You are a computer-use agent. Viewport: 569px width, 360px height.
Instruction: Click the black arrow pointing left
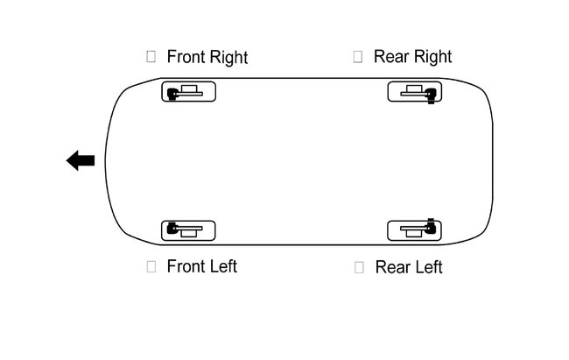[x=81, y=160]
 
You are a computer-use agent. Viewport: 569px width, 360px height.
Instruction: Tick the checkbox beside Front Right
[x=151, y=56]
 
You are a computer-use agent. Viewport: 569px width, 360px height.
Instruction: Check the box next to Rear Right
[x=358, y=56]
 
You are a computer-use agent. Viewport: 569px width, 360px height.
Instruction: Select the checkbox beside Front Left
[x=151, y=265]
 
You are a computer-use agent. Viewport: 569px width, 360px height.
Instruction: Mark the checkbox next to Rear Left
[x=359, y=266]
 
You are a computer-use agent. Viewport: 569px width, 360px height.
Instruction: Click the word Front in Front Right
[x=186, y=57]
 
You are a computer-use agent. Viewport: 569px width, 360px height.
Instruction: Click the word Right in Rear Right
[x=432, y=58]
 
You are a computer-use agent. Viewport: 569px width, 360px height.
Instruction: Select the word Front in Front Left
[x=186, y=266]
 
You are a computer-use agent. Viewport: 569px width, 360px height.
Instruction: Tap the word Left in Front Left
[x=222, y=266]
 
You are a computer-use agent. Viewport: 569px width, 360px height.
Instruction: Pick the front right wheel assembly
[x=189, y=91]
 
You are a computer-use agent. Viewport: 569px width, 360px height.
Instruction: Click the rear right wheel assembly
[x=415, y=91]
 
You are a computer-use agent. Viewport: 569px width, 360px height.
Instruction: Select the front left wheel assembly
[x=189, y=230]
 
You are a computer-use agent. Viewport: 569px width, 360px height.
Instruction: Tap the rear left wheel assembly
[x=415, y=230]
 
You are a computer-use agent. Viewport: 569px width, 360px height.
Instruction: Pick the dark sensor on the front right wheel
[x=172, y=93]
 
